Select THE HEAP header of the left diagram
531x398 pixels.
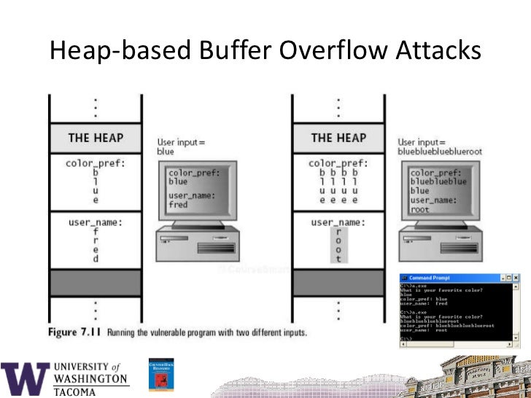(x=96, y=138)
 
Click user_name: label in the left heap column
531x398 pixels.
(x=96, y=221)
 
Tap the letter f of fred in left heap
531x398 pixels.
(x=96, y=231)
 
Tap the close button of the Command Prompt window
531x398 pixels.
(x=516, y=278)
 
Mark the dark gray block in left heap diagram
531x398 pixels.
(x=96, y=281)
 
